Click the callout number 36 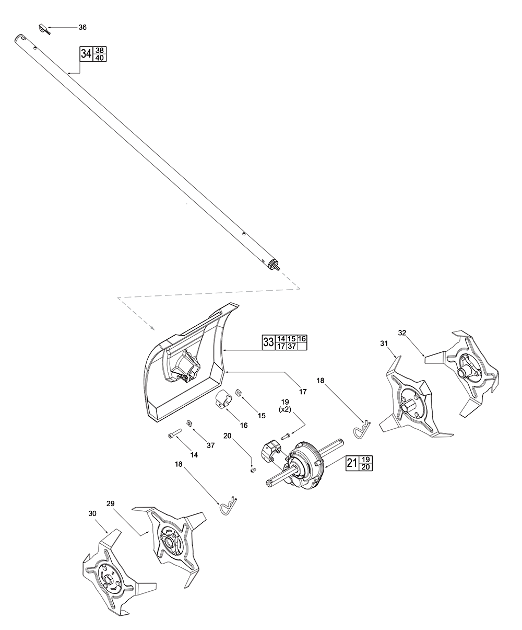[82, 27]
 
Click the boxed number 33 [268, 342]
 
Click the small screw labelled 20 [253, 470]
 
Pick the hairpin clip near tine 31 [362, 430]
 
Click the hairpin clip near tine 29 [229, 506]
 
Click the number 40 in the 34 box [100, 58]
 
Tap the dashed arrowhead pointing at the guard [152, 328]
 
